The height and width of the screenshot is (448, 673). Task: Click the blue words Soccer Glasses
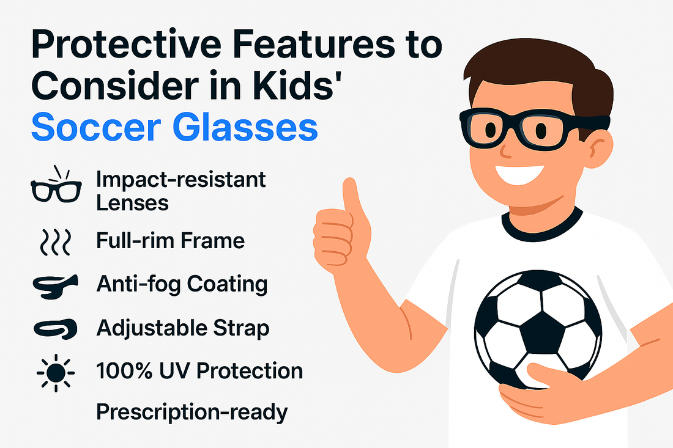pos(174,127)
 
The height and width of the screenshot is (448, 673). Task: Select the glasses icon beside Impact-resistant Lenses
pos(56,185)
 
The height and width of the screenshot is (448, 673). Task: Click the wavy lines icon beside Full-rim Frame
pos(55,242)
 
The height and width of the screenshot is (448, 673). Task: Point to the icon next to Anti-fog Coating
pos(55,286)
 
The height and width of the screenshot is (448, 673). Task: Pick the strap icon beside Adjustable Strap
pos(55,329)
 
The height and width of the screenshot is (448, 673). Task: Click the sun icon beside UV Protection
pos(56,373)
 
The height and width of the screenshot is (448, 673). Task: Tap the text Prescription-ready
pos(192,413)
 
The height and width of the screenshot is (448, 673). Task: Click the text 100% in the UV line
pos(124,370)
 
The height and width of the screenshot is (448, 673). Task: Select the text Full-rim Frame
pos(171,240)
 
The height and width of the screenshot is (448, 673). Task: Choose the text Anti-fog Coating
pos(182,284)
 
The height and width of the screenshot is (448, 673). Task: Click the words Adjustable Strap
pos(183,328)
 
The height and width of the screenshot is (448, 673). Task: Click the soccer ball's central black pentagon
pos(542,332)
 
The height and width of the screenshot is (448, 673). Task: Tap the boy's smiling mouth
pos(519,174)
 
